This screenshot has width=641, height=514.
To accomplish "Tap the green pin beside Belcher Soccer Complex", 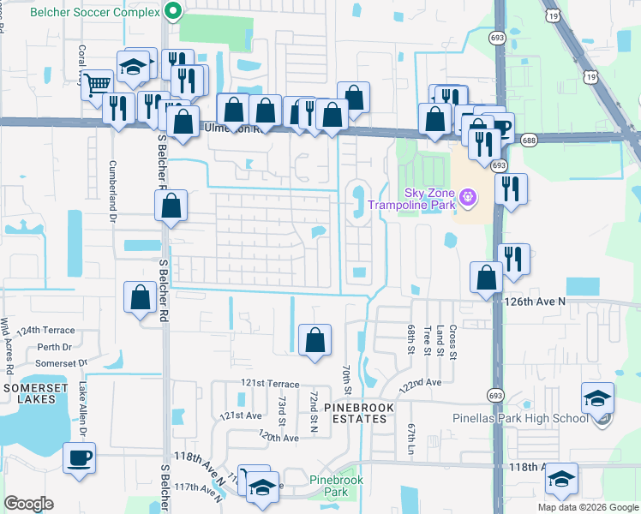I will click(173, 12).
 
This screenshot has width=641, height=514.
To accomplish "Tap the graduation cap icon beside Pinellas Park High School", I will click(597, 398).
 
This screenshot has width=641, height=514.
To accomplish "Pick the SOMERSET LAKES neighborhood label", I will click(33, 394).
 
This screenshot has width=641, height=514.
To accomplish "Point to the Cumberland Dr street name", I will click(112, 187).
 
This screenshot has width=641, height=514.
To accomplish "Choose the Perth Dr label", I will click(54, 347).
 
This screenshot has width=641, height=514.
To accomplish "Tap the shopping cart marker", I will click(98, 83).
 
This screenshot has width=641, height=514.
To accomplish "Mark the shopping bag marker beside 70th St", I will click(315, 339).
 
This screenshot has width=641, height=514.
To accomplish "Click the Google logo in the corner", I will click(28, 504).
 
